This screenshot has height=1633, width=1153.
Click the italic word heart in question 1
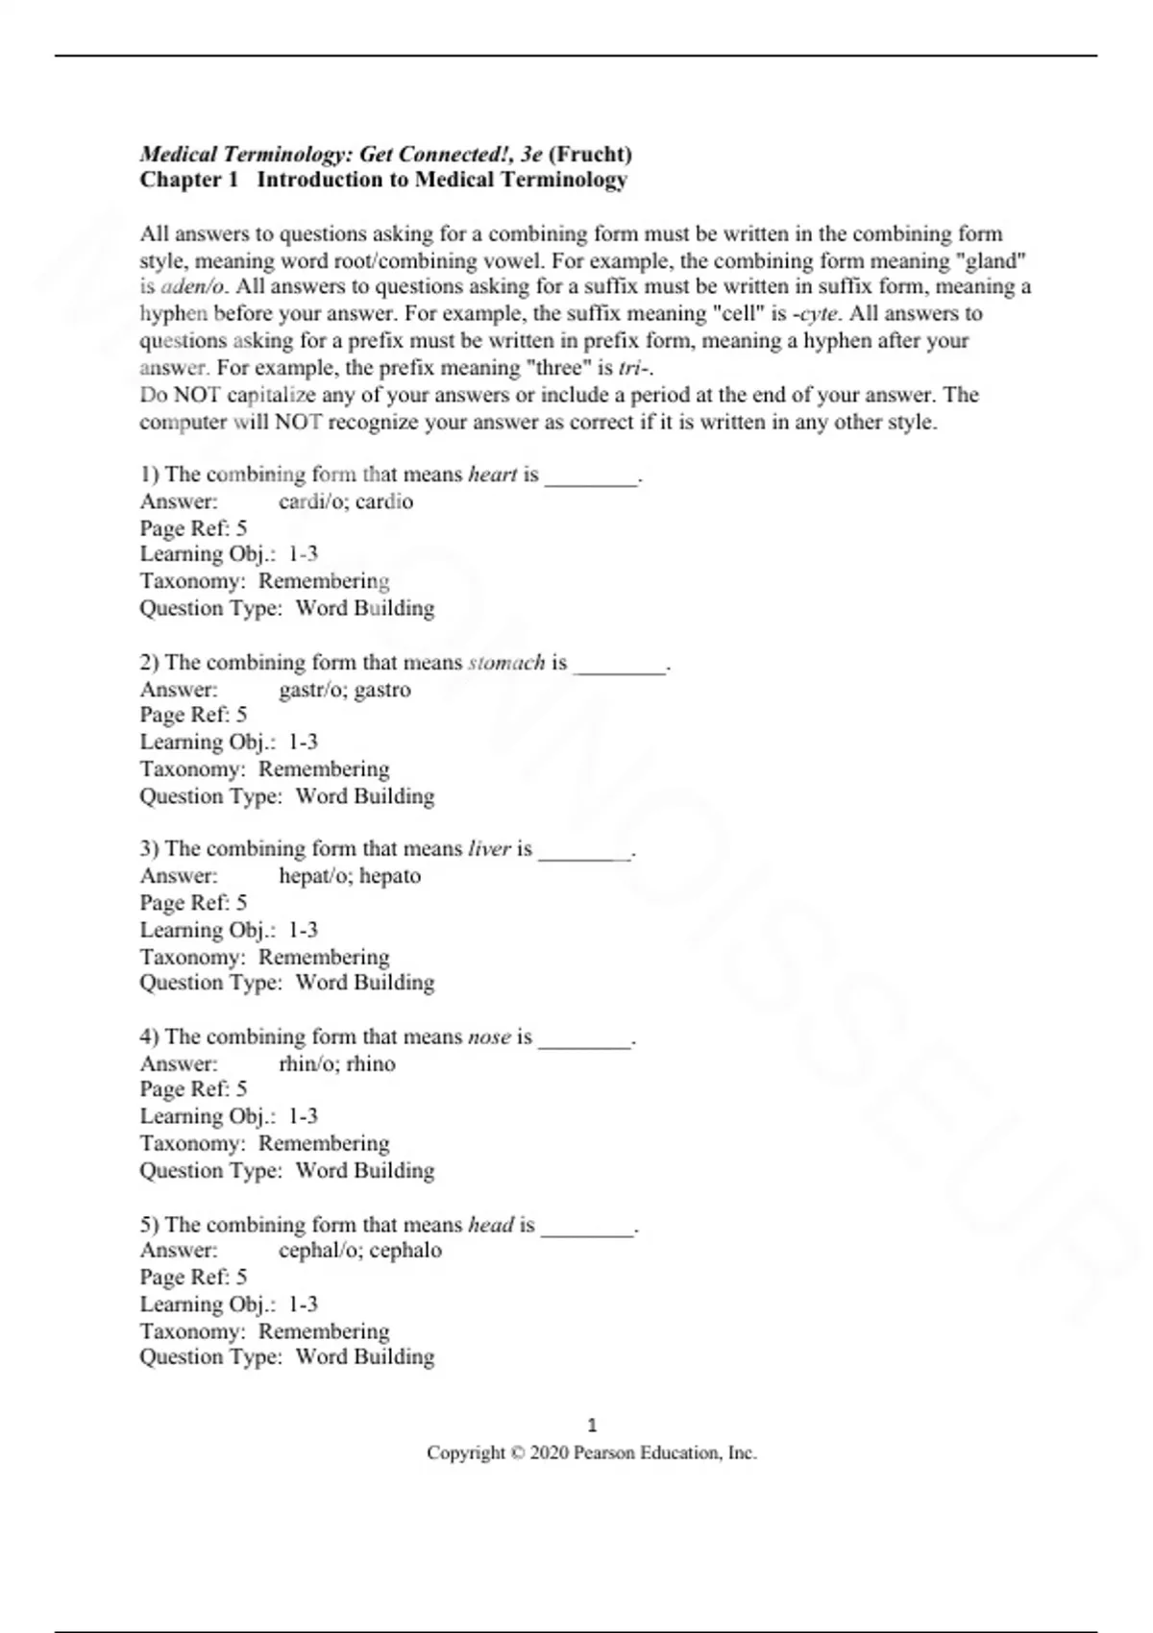tap(492, 475)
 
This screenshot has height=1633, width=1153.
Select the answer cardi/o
tap(310, 501)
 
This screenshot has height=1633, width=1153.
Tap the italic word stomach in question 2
tap(506, 663)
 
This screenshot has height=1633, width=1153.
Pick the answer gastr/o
tap(310, 690)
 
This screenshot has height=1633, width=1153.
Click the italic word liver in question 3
tap(489, 849)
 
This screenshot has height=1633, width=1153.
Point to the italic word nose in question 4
tap(489, 1037)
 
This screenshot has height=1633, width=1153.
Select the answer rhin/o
tap(307, 1064)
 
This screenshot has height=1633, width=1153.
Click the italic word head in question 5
tap(491, 1225)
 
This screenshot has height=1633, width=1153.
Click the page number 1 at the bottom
tap(592, 1426)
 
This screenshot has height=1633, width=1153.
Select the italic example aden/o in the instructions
tap(192, 286)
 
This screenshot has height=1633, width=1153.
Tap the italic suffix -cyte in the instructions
tap(815, 313)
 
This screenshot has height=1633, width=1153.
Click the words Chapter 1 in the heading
tap(189, 180)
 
